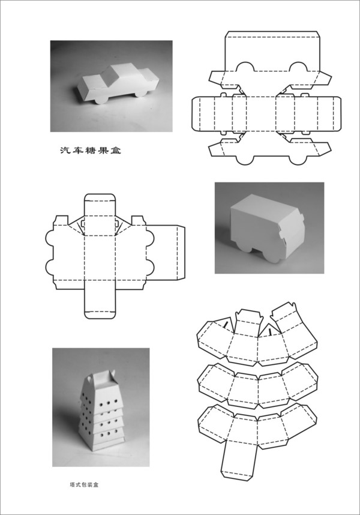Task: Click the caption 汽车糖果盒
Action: click(x=90, y=151)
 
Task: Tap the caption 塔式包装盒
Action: click(x=84, y=484)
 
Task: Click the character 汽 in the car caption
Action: click(x=64, y=151)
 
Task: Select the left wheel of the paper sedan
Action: click(x=102, y=99)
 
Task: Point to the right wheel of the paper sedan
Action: click(x=141, y=93)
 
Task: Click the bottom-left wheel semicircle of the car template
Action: click(x=245, y=160)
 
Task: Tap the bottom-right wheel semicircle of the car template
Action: click(x=299, y=160)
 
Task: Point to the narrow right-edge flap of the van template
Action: click(x=181, y=253)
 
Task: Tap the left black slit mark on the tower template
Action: click(x=226, y=325)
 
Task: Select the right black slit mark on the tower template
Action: click(x=270, y=331)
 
